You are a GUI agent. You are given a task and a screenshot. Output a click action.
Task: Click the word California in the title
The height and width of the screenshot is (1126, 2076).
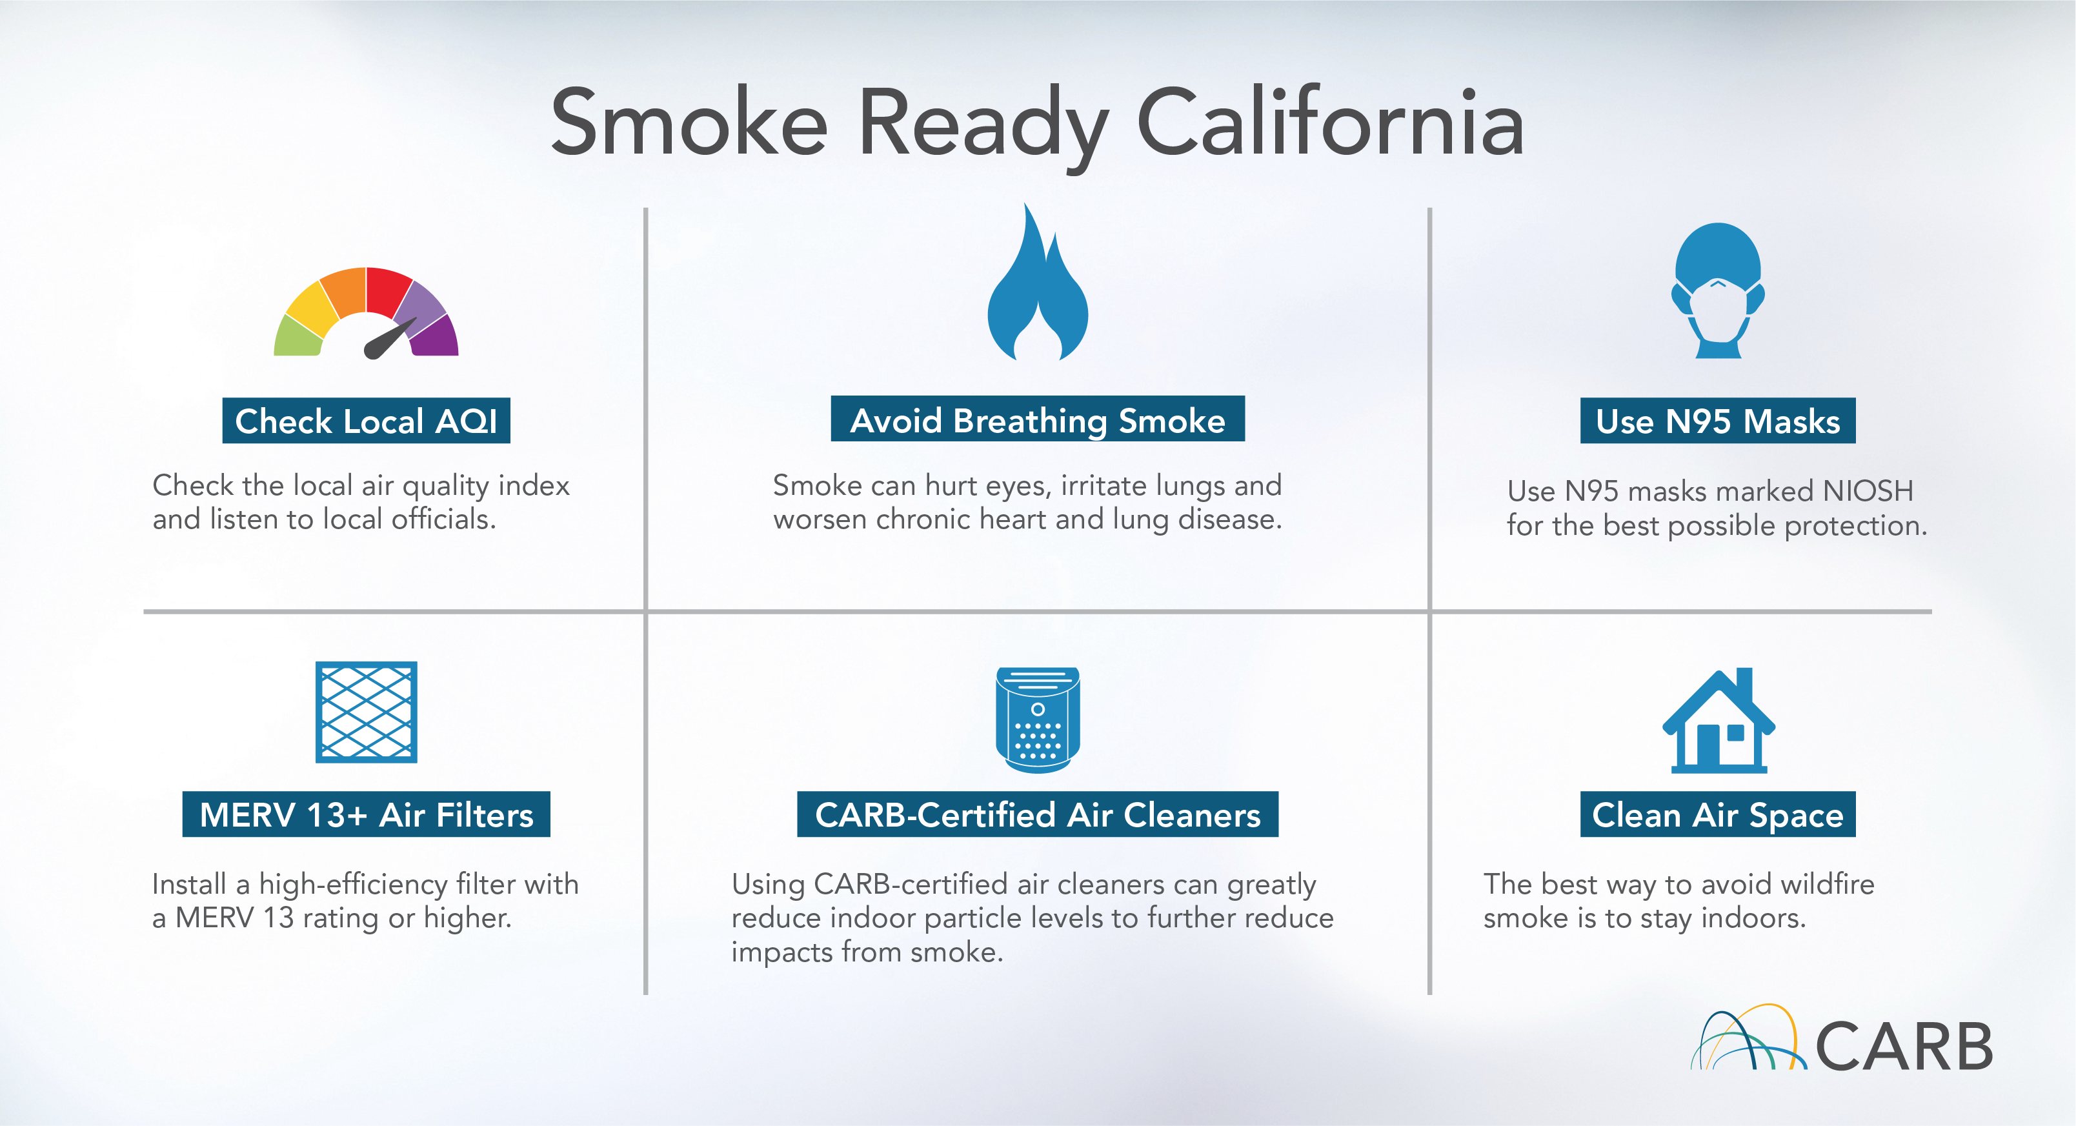point(1330,123)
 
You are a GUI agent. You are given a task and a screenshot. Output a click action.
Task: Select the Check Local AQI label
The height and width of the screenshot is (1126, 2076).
point(366,421)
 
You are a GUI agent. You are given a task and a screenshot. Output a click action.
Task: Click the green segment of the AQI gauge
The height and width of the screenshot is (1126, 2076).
point(298,336)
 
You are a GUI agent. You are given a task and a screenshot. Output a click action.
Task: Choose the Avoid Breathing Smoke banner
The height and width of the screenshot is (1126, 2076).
point(1038,419)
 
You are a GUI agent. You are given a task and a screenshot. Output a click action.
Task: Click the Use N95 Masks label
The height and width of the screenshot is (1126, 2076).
point(1718,421)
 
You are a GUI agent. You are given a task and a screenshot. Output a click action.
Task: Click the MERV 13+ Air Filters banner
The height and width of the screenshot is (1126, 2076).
point(366,814)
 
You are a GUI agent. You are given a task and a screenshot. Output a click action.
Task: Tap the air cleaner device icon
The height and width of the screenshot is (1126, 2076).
point(1038,719)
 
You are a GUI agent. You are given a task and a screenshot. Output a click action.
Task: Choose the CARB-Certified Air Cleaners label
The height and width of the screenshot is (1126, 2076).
point(1038,814)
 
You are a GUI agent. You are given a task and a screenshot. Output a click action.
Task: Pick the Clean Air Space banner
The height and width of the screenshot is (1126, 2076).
point(1718,814)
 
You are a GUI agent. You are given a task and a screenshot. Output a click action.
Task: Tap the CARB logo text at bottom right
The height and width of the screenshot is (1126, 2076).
point(1904,1046)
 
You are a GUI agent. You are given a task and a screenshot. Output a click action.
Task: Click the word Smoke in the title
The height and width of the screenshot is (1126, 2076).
point(689,123)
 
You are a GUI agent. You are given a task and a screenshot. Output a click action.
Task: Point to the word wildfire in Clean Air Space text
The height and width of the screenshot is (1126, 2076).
point(1827,883)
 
